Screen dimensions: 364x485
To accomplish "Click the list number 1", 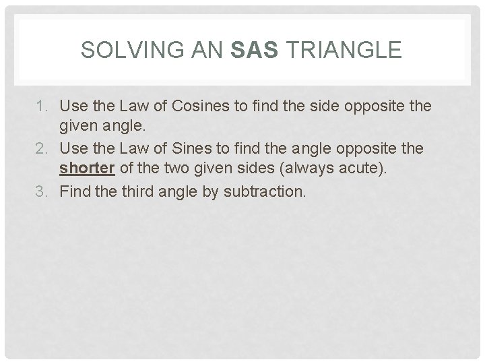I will [47, 106].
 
